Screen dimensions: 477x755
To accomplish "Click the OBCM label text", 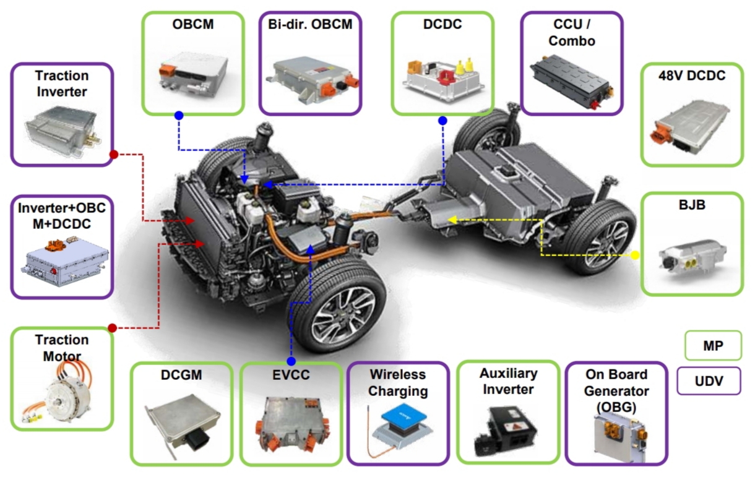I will click(x=193, y=25).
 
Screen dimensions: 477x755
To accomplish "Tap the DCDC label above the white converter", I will click(x=442, y=25).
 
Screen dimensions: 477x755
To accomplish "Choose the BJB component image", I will click(x=692, y=260).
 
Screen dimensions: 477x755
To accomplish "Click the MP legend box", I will click(x=713, y=345).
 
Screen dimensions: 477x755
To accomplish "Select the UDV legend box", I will click(x=709, y=381).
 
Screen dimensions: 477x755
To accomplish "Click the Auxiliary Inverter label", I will click(x=507, y=381).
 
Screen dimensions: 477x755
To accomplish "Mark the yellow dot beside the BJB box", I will click(x=635, y=255).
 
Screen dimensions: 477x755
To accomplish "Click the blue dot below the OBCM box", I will click(x=179, y=115).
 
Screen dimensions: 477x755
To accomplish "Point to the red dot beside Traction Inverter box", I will click(x=113, y=155).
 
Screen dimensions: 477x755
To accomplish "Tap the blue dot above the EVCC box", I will click(x=291, y=361).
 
